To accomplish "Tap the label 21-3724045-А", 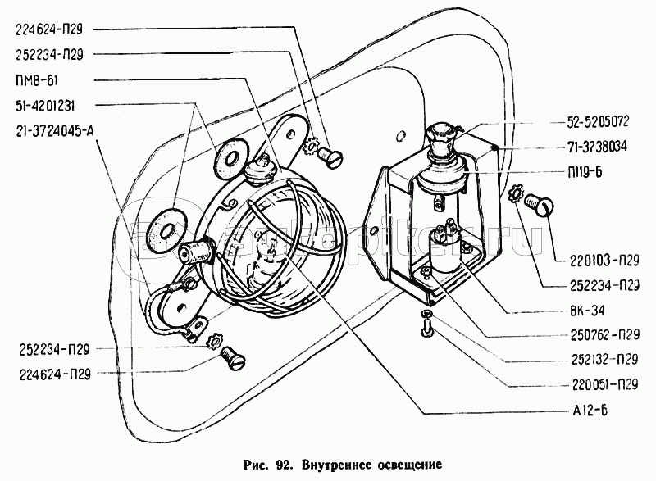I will pyautogui.click(x=56, y=130).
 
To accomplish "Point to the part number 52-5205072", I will pyautogui.click(x=597, y=121).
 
